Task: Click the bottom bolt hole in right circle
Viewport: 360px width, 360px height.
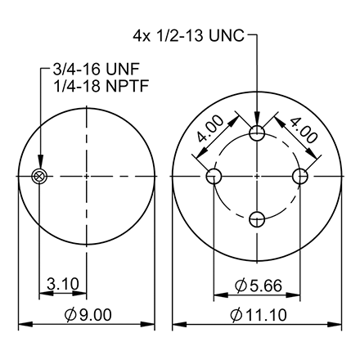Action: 257,218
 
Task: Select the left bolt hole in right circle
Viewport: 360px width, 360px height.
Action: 214,176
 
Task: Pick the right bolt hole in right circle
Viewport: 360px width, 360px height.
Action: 299,176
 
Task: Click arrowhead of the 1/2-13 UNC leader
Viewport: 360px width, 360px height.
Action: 257,123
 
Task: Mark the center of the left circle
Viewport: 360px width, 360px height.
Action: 86,176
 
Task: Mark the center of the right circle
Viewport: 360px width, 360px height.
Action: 257,176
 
